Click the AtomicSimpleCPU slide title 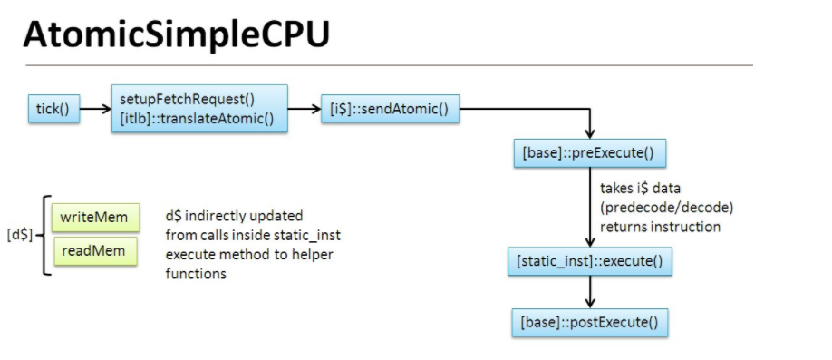pos(176,34)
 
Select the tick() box pos(52,110)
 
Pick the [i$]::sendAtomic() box pos(390,110)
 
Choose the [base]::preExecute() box pos(590,152)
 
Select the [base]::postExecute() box pos(589,322)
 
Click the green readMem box pos(93,251)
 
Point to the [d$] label pos(19,235)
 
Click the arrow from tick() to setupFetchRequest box pos(93,110)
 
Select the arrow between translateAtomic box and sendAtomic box pos(304,110)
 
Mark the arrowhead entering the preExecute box pos(591,131)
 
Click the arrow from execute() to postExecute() pos(591,291)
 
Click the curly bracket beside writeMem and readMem pos(43,235)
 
